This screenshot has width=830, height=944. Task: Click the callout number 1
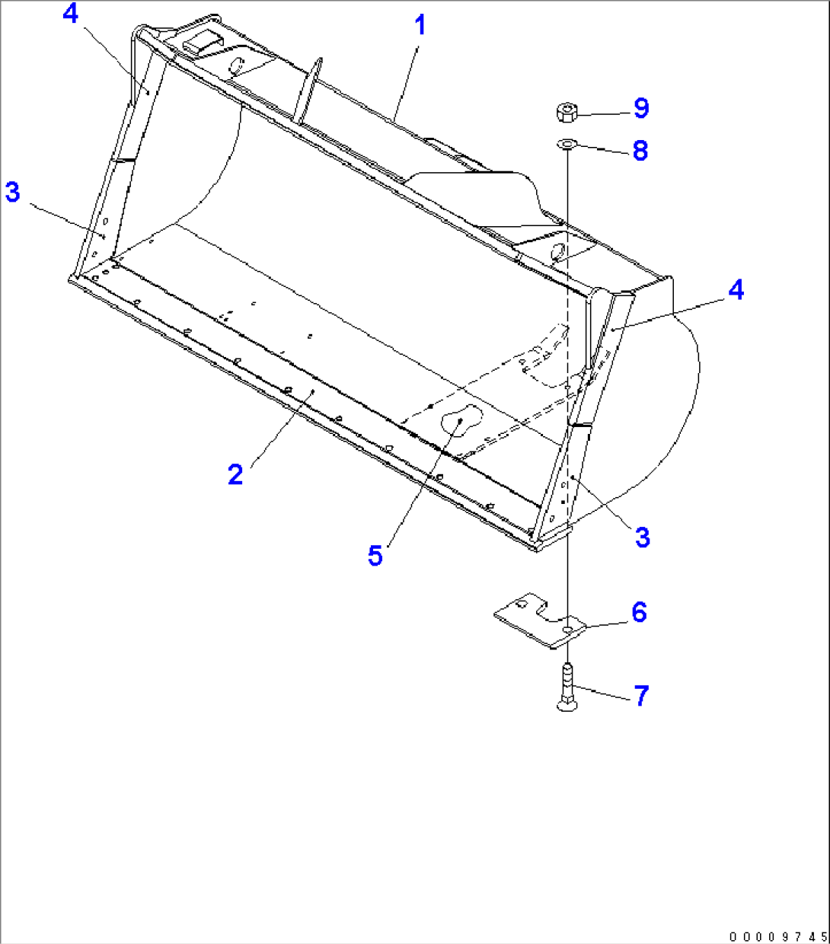coord(420,25)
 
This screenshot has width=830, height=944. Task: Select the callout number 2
coord(235,474)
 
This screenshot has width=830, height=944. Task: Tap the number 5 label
coord(375,556)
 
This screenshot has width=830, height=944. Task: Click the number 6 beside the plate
coord(639,612)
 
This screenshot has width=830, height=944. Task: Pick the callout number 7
coord(641,695)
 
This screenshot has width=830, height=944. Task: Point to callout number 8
coord(640,150)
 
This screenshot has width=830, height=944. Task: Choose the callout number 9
coord(641,108)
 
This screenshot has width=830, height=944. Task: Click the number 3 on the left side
coord(12,192)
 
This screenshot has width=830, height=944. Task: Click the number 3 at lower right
coord(643,537)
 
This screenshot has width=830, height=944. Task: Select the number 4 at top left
coord(70,14)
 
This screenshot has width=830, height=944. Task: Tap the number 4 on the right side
coord(736,290)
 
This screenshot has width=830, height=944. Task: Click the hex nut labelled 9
coord(567,113)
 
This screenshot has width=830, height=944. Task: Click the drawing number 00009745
coord(776,936)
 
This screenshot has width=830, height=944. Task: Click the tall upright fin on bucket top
coord(308,89)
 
